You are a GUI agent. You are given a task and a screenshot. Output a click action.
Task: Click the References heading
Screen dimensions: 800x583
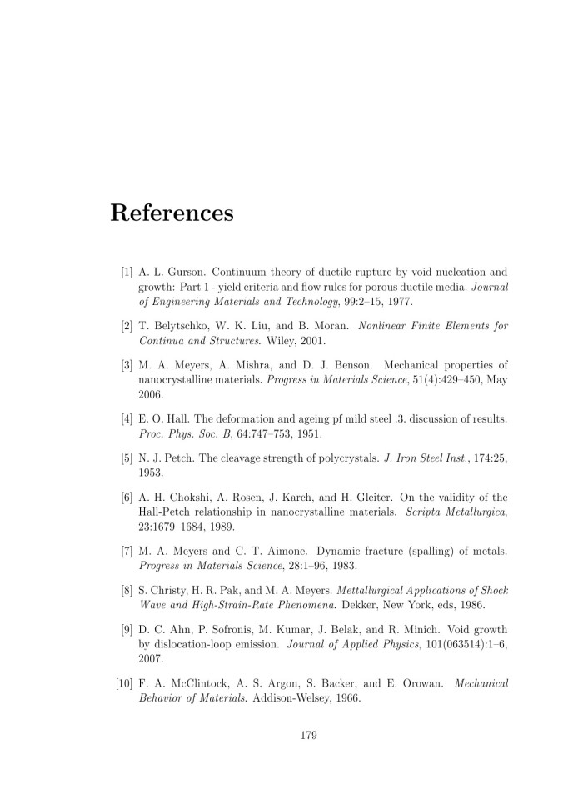(x=172, y=212)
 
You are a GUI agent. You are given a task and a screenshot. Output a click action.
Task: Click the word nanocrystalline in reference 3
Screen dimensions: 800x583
(x=179, y=380)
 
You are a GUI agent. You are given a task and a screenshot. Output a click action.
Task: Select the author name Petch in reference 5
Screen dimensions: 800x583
(x=177, y=458)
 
